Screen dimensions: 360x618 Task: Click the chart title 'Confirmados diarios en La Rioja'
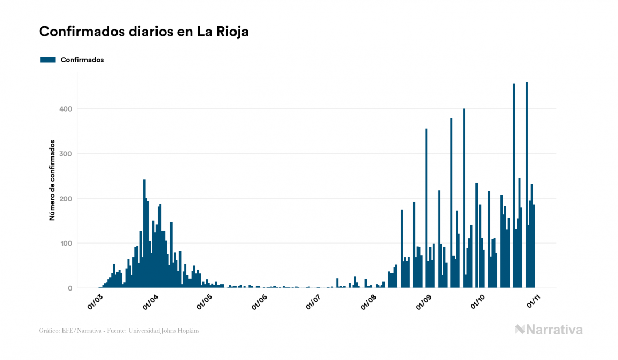click(144, 32)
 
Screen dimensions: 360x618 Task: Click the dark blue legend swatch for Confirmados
click(48, 60)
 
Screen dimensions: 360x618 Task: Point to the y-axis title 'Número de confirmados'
click(52, 181)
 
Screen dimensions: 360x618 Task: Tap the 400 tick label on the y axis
click(66, 109)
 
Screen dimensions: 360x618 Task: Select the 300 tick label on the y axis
click(66, 154)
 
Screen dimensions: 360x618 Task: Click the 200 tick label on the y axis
click(66, 199)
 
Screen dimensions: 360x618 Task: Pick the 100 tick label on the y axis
click(66, 244)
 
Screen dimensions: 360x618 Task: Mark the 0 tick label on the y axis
click(69, 288)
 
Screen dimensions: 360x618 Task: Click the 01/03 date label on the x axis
click(96, 302)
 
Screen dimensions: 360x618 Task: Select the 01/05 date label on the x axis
click(204, 302)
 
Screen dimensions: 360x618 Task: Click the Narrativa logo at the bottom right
click(549, 330)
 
